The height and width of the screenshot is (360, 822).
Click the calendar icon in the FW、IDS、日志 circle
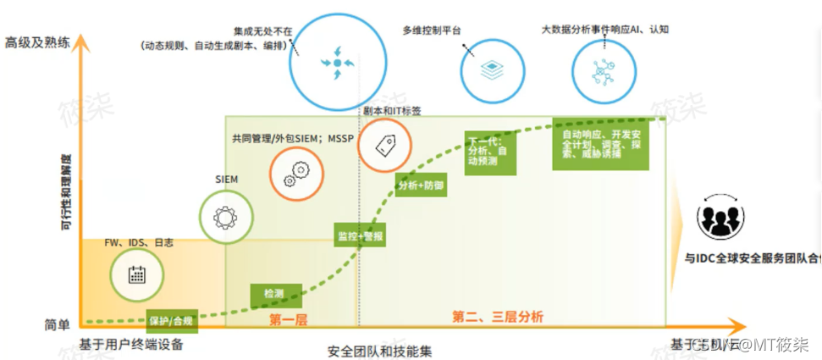click(135, 274)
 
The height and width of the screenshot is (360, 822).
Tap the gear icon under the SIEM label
click(224, 218)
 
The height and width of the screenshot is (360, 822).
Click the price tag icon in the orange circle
click(384, 145)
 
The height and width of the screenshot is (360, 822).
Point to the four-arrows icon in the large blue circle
click(337, 64)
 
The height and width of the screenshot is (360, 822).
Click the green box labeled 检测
click(273, 294)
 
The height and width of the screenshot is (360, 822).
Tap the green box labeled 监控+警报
click(361, 236)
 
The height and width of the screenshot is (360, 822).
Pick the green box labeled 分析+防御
click(421, 184)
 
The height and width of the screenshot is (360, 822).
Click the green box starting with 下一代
click(490, 152)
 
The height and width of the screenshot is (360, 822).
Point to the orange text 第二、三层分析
click(498, 317)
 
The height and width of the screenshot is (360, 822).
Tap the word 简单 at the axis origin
click(56, 325)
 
